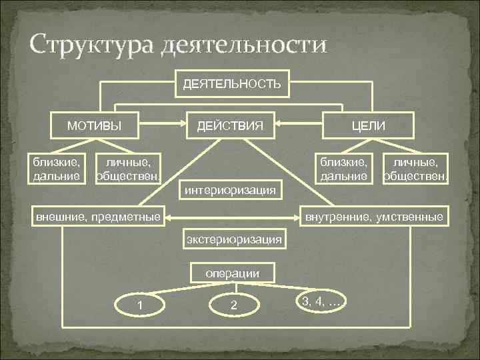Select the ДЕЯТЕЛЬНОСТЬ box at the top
(231, 83)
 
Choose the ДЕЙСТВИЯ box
(230, 125)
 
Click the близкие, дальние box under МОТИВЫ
(57, 169)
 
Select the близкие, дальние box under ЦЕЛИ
(343, 169)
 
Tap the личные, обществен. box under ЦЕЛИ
(413, 169)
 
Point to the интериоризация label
(231, 191)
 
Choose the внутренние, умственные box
(373, 217)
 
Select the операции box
(232, 273)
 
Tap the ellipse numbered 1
(140, 305)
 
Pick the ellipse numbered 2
(233, 305)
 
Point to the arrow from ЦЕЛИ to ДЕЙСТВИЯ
(300, 123)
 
